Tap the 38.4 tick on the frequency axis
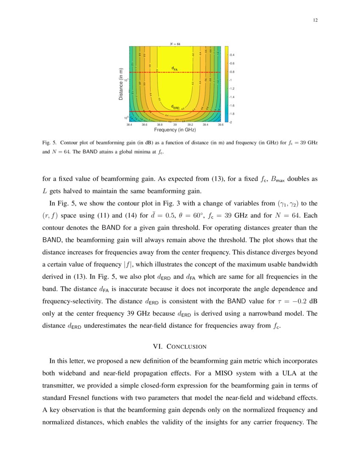[130, 125]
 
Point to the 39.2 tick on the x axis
[190, 125]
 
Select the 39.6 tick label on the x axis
[221, 125]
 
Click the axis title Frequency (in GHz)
[174, 130]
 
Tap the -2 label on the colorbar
[231, 122]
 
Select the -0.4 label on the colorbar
[232, 55]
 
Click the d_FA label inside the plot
[174, 68]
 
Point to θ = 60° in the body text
[221, 215]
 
